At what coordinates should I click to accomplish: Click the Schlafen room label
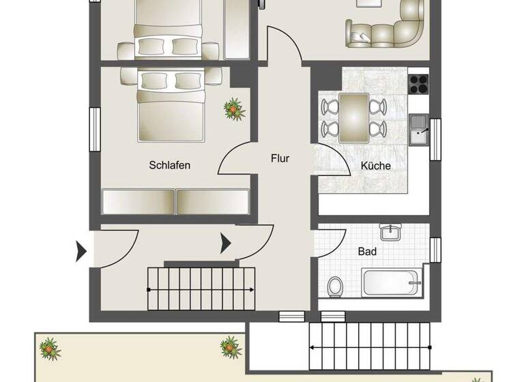pyautogui.click(x=169, y=165)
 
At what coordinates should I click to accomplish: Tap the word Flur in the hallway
pyautogui.click(x=280, y=158)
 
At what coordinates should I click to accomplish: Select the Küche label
pyautogui.click(x=375, y=165)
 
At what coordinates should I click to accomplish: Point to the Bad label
pyautogui.click(x=367, y=252)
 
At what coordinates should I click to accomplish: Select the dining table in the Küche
pyautogui.click(x=353, y=117)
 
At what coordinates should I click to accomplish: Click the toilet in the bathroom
pyautogui.click(x=335, y=286)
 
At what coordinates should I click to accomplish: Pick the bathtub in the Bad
pyautogui.click(x=392, y=282)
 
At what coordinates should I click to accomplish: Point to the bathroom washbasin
pyautogui.click(x=390, y=233)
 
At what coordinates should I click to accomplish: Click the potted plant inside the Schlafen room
pyautogui.click(x=234, y=109)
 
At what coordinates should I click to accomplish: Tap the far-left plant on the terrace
pyautogui.click(x=49, y=350)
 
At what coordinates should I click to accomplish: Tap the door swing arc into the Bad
pyautogui.click(x=329, y=239)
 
